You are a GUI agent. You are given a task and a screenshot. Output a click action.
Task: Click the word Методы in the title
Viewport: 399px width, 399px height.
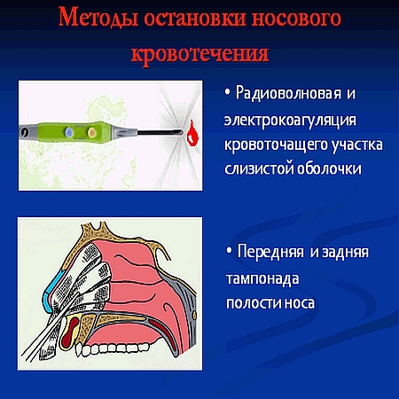[x=98, y=18]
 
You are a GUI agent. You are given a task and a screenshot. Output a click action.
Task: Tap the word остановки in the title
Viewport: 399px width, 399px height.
[x=195, y=19]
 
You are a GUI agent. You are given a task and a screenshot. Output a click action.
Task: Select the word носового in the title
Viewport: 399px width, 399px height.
[x=296, y=19]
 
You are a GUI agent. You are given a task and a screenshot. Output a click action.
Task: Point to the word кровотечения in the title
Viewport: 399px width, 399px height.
[x=200, y=54]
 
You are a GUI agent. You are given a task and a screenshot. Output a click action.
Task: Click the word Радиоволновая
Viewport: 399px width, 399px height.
[x=288, y=93]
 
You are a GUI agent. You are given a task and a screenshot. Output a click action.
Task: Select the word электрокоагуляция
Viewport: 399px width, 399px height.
[x=290, y=121]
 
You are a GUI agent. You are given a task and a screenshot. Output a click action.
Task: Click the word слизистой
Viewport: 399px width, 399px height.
[x=259, y=169]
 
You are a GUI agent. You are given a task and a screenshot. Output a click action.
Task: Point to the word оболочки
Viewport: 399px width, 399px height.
[x=329, y=168]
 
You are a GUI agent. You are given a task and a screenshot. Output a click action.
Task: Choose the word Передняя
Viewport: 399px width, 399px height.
[x=270, y=252]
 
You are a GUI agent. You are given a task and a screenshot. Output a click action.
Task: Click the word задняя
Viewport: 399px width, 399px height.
[x=345, y=253]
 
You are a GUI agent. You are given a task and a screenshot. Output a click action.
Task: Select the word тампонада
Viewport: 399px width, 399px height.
[x=262, y=279]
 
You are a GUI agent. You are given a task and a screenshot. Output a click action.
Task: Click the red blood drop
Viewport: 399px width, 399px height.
[x=192, y=134]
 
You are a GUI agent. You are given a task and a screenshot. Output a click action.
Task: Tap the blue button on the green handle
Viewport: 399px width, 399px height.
[x=69, y=132]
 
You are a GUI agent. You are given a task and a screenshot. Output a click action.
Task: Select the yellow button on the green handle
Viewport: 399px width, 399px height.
[x=91, y=132]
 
